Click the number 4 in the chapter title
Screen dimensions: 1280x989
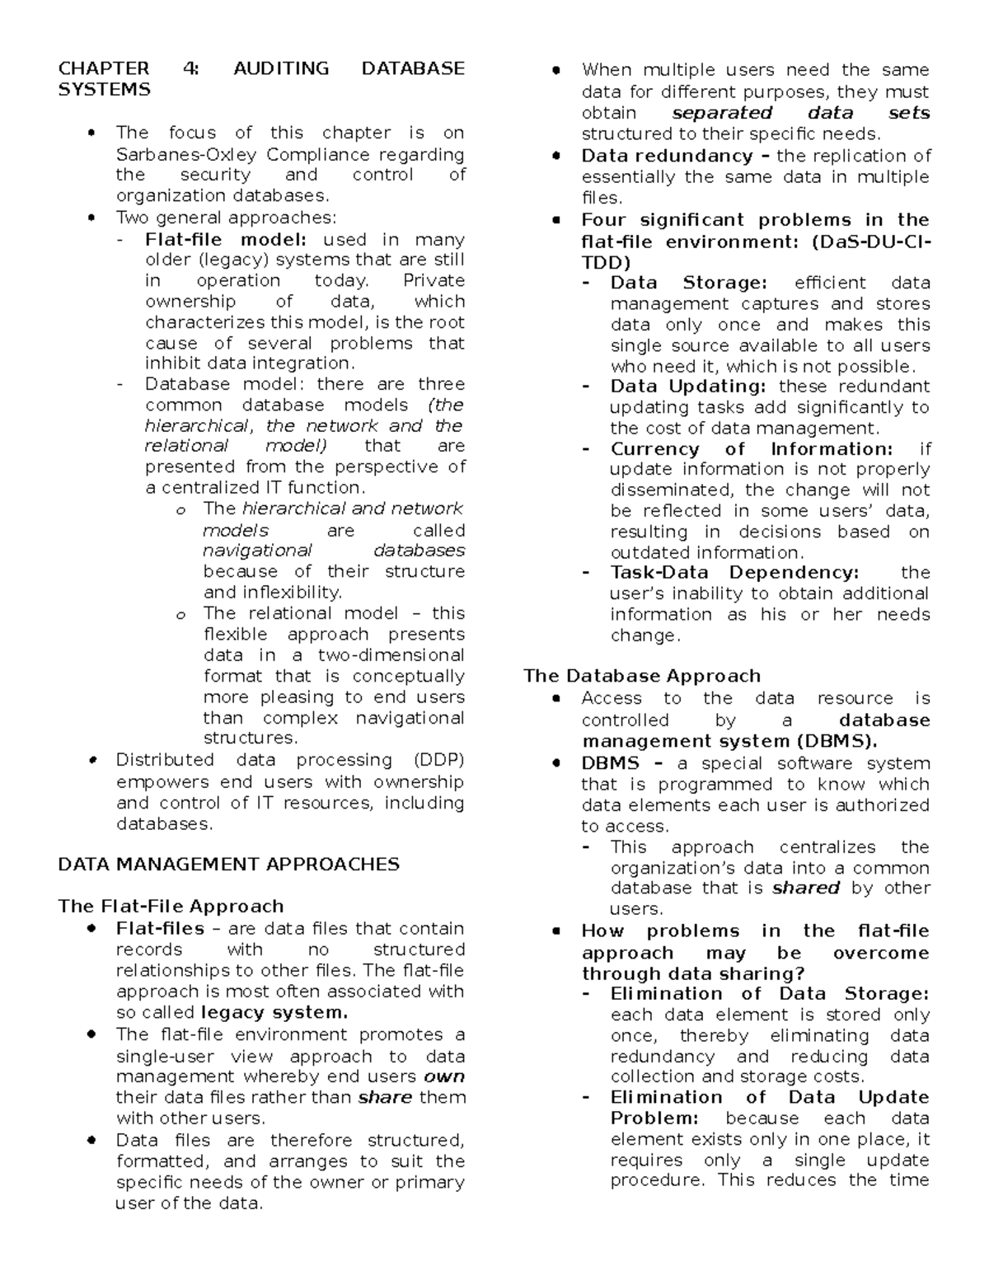(x=190, y=68)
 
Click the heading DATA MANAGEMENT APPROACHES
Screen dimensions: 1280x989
(x=228, y=864)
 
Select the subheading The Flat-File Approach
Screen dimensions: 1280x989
(x=171, y=906)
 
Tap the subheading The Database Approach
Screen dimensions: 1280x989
(x=641, y=676)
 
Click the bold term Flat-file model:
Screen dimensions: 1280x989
(x=225, y=240)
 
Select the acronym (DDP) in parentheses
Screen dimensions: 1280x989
(x=439, y=760)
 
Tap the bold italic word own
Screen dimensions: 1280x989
(x=443, y=1076)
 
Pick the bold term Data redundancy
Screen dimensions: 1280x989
(x=667, y=156)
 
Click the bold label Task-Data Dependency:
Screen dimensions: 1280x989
(x=734, y=573)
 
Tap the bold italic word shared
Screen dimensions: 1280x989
(x=805, y=888)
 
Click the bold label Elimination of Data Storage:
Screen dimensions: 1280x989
(x=769, y=994)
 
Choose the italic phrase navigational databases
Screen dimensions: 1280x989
(x=334, y=551)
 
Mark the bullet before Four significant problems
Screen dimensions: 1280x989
(x=557, y=220)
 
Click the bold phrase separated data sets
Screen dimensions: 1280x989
(x=800, y=113)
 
